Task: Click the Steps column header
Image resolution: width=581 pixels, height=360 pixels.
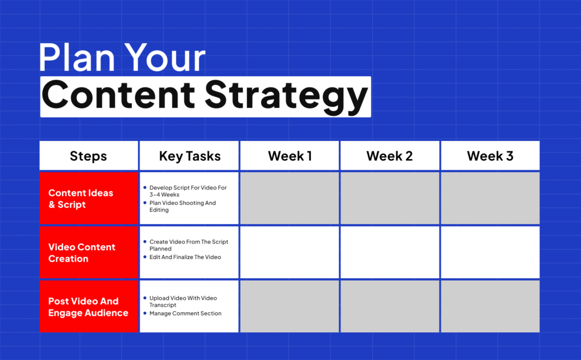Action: point(89,156)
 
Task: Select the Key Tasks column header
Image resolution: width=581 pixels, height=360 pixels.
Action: point(190,156)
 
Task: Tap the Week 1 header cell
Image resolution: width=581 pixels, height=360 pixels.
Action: point(290,156)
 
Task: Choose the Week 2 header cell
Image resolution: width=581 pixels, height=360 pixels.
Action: point(390,156)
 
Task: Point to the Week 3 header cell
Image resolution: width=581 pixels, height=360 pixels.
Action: point(490,156)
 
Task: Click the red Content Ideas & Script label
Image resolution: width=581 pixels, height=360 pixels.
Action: point(81,199)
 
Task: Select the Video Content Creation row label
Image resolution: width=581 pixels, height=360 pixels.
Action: point(82,253)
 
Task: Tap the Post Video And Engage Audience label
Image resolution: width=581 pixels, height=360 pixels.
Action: point(88,307)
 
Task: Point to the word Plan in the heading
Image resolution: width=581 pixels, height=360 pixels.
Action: point(77,57)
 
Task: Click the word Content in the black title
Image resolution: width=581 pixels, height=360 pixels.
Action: point(118,94)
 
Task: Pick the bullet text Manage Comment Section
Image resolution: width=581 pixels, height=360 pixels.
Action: point(186,313)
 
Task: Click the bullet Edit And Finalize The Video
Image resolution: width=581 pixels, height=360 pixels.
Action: point(185,257)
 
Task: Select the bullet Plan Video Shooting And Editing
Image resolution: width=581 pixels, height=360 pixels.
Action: point(182,206)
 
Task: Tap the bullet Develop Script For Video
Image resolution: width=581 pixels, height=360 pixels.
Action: point(188,191)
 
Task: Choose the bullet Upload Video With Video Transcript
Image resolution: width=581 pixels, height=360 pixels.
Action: point(183,302)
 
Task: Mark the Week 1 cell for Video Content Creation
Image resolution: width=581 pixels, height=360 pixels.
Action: point(290,252)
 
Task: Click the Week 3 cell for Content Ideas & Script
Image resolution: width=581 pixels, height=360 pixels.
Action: point(490,198)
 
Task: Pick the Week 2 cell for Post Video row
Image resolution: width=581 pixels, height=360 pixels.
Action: point(390,306)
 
